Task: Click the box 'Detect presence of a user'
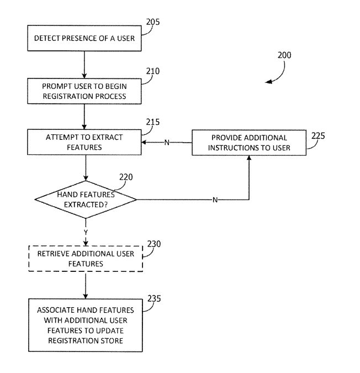pos(84,39)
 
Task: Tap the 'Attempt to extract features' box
pos(84,142)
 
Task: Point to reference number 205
pos(153,22)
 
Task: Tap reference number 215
pos(153,122)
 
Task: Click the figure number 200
pos(285,55)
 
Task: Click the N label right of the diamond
pos(215,200)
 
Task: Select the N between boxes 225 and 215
pos(166,143)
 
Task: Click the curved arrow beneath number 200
pos(276,76)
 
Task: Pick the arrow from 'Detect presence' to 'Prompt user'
pos(84,65)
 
